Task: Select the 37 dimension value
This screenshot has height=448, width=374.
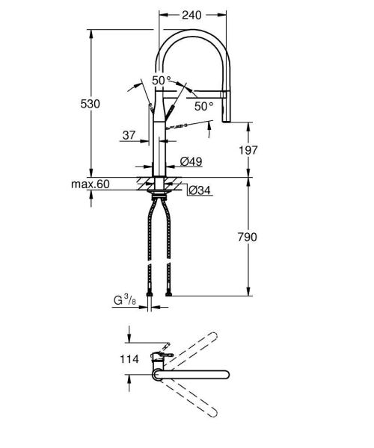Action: pos(129,135)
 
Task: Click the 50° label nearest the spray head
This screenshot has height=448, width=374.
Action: pos(203,106)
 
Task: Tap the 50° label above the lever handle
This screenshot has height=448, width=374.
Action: pos(162,80)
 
